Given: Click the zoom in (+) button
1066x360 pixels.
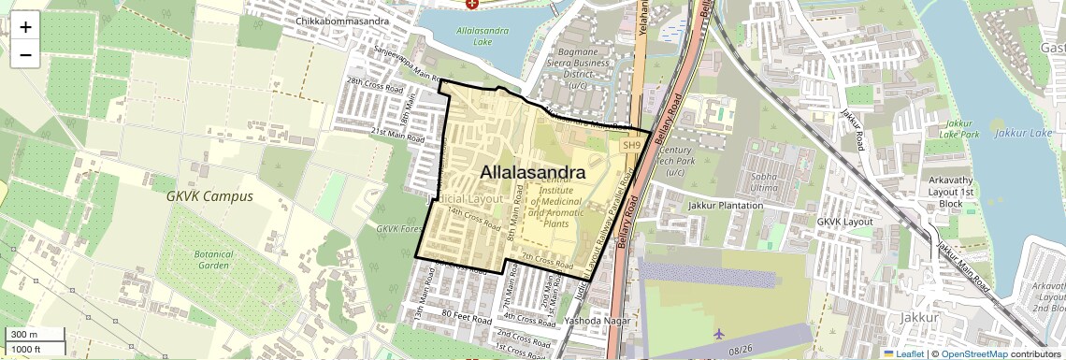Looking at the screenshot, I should [x=25, y=26].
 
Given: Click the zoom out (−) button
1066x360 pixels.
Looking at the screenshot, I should [x=25, y=55].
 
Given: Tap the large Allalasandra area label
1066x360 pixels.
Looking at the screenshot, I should [x=533, y=173].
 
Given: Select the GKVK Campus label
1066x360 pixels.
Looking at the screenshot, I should [x=209, y=197].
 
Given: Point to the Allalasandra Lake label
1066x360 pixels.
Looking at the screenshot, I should [x=483, y=36].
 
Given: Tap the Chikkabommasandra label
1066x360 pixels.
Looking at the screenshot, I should [x=341, y=21].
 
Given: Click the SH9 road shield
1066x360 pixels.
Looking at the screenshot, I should [x=632, y=145].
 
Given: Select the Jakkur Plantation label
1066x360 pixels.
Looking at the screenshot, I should [x=726, y=205].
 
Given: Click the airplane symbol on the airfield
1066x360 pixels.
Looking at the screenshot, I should [x=718, y=334].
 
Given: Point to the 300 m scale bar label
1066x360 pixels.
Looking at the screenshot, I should [x=24, y=335].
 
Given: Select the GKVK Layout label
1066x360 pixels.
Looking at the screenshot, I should [x=844, y=222].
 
